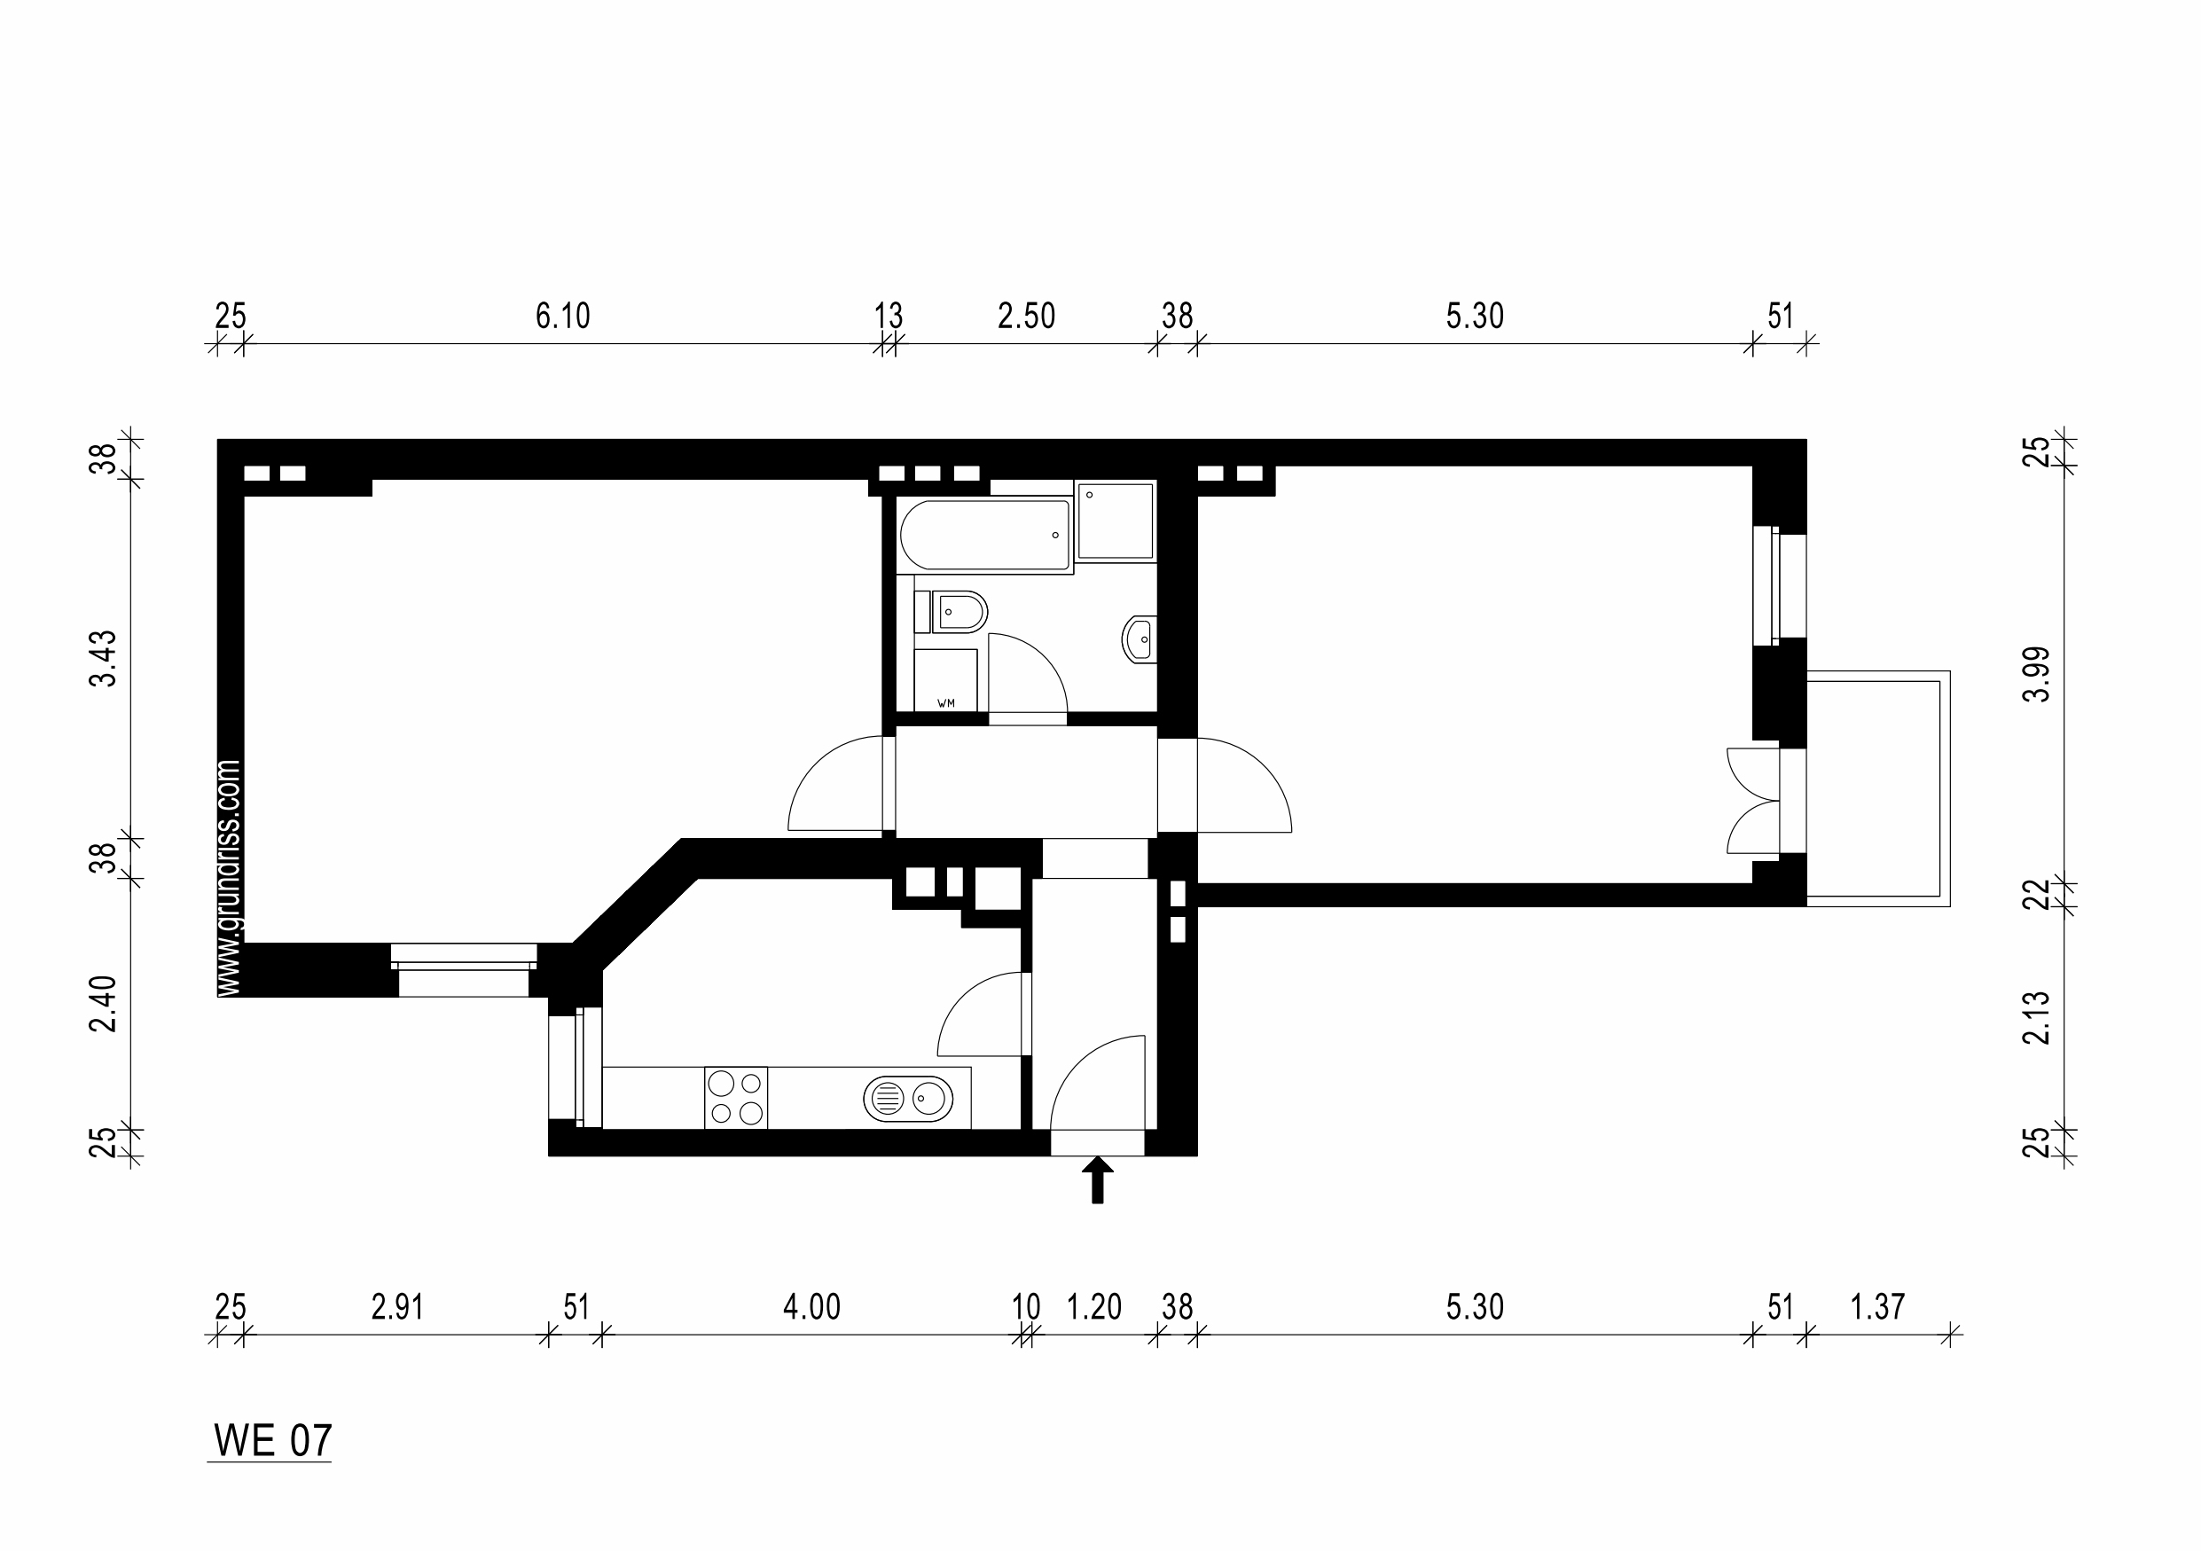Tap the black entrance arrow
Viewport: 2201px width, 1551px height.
(1098, 1179)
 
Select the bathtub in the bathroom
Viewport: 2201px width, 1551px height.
(984, 535)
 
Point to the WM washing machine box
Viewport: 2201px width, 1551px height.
(945, 680)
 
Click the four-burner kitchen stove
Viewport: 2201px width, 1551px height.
(736, 1098)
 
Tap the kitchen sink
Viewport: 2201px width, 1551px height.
(908, 1098)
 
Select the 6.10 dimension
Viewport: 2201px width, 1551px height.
(563, 316)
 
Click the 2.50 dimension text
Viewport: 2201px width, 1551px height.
(1026, 316)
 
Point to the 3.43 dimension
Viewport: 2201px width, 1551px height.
(103, 659)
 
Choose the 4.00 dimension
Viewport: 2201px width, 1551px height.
(812, 1306)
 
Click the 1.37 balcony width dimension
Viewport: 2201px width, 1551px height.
(1877, 1306)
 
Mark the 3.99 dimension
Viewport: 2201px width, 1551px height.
(2036, 674)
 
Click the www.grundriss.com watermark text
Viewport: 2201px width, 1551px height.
(228, 879)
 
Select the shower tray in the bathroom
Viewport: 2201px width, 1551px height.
(1115, 521)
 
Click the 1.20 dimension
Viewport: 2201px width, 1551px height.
(1093, 1306)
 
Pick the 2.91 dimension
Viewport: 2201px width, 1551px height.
(397, 1306)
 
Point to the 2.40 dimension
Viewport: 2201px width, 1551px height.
(103, 1004)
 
